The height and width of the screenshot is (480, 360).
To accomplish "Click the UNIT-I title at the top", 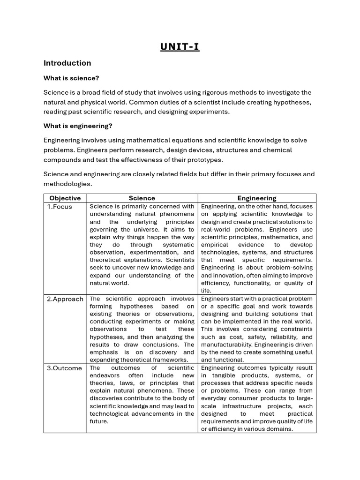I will pos(180,46).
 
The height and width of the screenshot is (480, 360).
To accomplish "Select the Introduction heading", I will pos(67,63).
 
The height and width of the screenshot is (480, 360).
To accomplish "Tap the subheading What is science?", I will pos(71,78).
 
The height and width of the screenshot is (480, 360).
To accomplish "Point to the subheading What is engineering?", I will pos(78,126).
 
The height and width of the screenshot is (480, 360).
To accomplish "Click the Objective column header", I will pos(65,198).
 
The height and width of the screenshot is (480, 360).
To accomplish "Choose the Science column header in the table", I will pos(142,198).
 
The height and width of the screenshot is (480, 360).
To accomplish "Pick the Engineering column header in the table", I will pos(256,198).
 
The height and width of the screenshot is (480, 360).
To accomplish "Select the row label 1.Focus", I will pos(60,207).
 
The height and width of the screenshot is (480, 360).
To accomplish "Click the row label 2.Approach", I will pos(65,299).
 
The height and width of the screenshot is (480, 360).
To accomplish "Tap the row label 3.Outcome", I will pos(64,368).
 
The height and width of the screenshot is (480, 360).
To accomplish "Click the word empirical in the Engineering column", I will pos(215,245).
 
